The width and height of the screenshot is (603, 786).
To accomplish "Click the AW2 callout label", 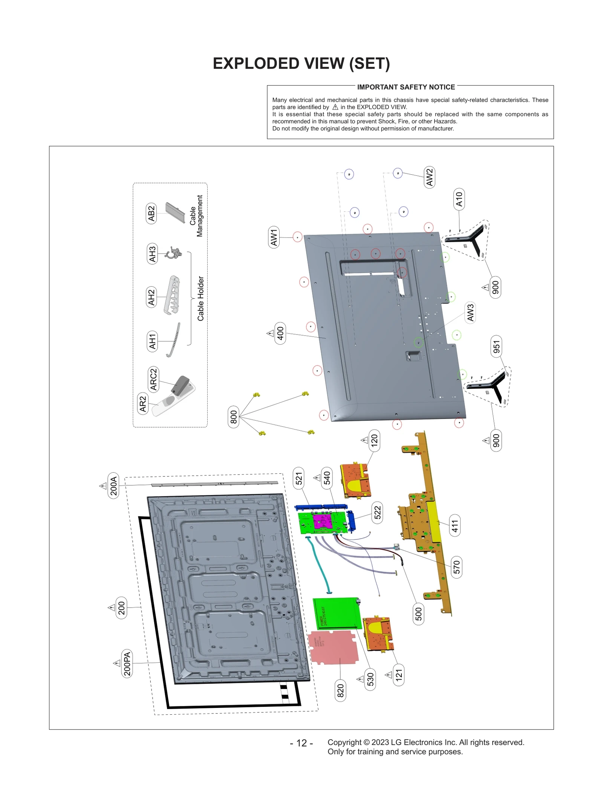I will (429, 177).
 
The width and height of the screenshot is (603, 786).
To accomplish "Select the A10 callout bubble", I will (459, 199).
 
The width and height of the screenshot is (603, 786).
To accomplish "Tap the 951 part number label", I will (496, 346).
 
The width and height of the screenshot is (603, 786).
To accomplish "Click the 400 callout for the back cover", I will (280, 333).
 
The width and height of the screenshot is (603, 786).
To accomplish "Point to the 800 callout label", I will (233, 417).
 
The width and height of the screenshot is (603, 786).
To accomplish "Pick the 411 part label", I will (455, 525).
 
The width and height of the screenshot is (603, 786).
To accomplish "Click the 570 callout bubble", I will (456, 567).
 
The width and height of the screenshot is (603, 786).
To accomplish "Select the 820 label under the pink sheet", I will (340, 691).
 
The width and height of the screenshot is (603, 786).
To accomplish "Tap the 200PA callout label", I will (127, 663).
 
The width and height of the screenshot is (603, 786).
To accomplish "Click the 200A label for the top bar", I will (113, 485).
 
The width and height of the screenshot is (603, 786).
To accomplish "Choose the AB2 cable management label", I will (151, 213).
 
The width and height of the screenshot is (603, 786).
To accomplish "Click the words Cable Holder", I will (200, 298).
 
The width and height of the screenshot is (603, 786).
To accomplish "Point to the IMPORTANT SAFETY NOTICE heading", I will (406, 87).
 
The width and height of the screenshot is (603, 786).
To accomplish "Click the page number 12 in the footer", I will (301, 743).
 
